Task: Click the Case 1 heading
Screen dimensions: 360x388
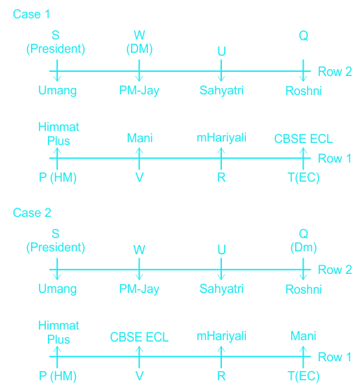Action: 32,14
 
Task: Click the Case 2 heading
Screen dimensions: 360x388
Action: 32,213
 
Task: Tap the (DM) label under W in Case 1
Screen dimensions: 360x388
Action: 139,49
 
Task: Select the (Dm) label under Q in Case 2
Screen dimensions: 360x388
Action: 304,247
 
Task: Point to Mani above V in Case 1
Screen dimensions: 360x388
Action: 139,138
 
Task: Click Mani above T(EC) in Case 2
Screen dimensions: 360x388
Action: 304,336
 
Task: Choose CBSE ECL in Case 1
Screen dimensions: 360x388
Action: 304,139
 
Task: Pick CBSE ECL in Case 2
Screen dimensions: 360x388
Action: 139,337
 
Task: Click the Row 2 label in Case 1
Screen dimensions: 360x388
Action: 335,72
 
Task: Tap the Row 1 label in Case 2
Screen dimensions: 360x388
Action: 335,357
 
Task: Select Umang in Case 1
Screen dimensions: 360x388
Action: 58,91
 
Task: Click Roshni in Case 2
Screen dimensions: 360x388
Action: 304,289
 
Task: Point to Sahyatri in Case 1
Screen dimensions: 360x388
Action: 222,91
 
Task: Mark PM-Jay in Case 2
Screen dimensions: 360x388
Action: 139,289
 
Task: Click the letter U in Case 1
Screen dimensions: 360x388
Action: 222,51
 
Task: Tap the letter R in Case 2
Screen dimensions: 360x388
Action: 221,376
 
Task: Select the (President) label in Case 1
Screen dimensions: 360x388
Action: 56,49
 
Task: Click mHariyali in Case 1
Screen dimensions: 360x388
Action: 221,138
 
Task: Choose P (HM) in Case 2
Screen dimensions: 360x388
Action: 58,376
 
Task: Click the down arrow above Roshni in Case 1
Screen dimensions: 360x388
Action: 303,70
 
